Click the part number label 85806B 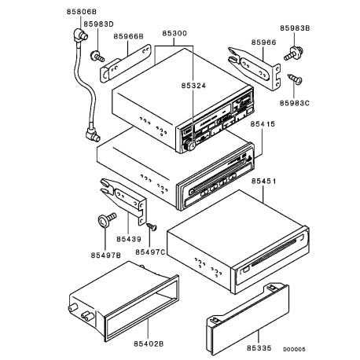(82, 12)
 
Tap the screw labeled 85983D (97, 56)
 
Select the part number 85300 (174, 34)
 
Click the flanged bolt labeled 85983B (293, 53)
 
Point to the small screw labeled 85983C (295, 79)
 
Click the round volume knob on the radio (189, 145)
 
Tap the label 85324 (193, 86)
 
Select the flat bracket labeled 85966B (126, 64)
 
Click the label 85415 (263, 123)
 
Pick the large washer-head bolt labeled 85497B (107, 219)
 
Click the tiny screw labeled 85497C (152, 226)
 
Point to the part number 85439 (129, 239)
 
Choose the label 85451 (263, 181)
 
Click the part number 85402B (149, 343)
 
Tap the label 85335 (259, 348)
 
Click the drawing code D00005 (294, 349)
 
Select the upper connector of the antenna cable (80, 35)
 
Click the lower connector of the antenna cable (93, 134)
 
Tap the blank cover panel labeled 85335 (248, 319)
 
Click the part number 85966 (263, 42)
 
